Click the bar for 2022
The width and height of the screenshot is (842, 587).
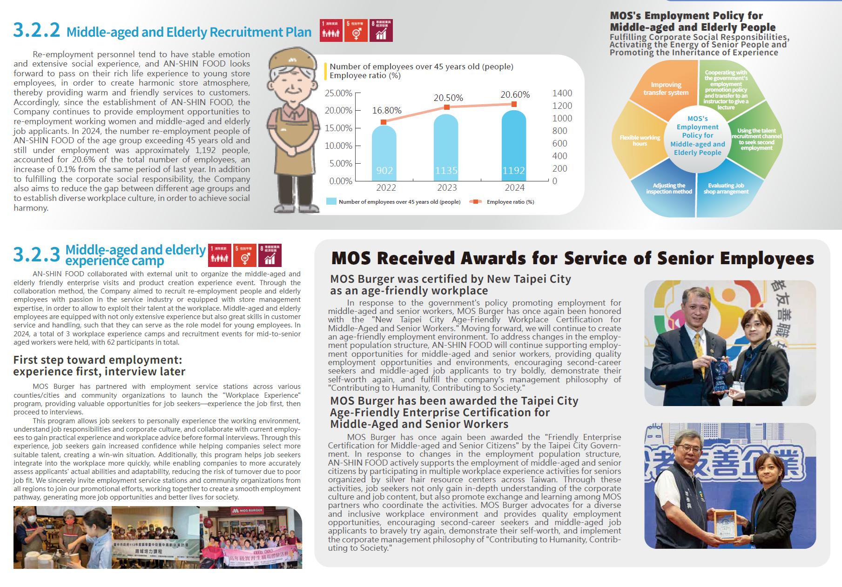coord(384,153)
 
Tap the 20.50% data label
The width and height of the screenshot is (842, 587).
coord(448,98)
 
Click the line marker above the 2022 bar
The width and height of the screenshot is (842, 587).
coord(384,122)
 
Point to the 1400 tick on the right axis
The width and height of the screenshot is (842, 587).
coord(562,93)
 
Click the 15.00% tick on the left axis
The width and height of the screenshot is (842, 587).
coord(338,128)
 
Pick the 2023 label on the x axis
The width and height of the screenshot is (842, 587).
coord(447,187)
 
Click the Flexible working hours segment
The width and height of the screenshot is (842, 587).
coord(640,140)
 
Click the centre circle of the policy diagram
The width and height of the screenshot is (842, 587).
coord(697,135)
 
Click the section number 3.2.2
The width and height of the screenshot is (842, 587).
coord(36,31)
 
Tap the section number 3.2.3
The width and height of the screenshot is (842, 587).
coord(36,255)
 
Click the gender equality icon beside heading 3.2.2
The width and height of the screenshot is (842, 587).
coord(356,31)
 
